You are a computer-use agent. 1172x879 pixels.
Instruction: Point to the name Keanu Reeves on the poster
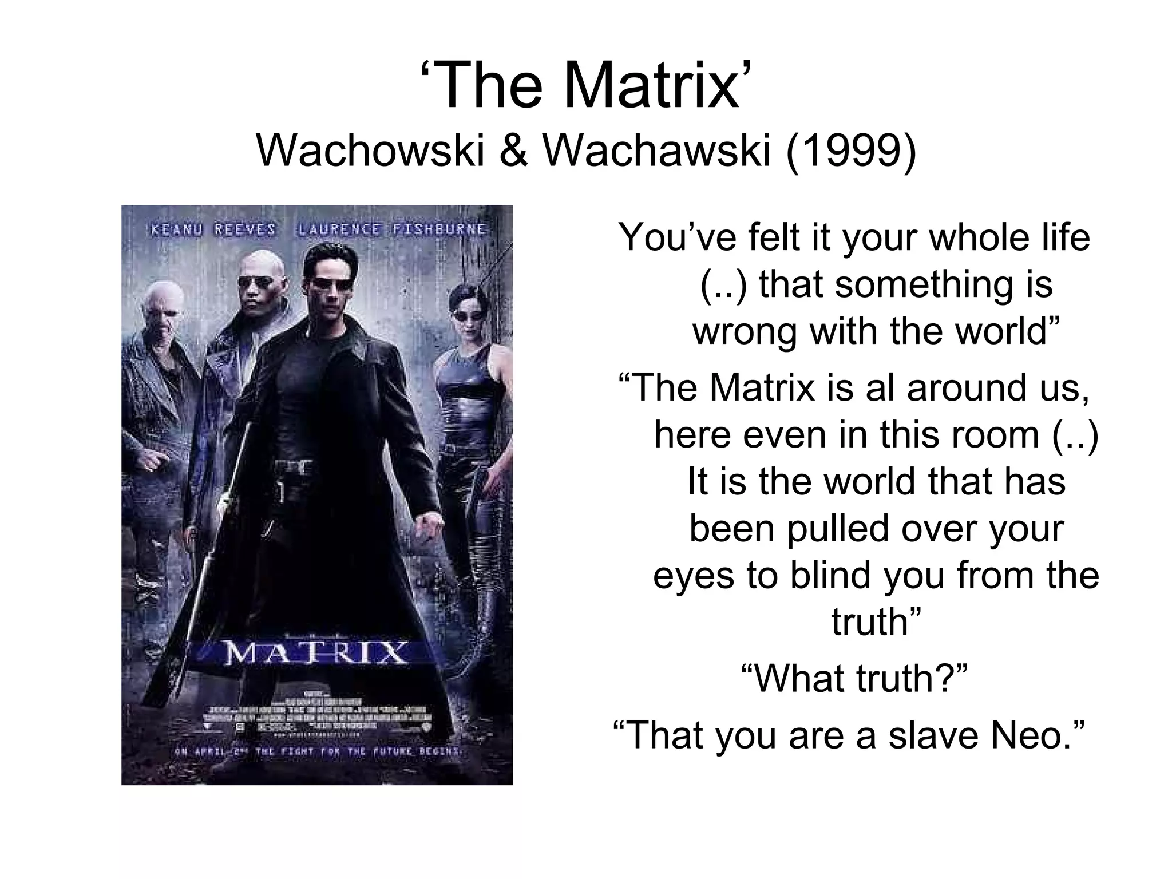click(x=213, y=230)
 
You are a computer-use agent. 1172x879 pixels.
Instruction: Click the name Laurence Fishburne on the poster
click(x=391, y=230)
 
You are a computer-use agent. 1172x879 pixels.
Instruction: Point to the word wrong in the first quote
click(x=745, y=331)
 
